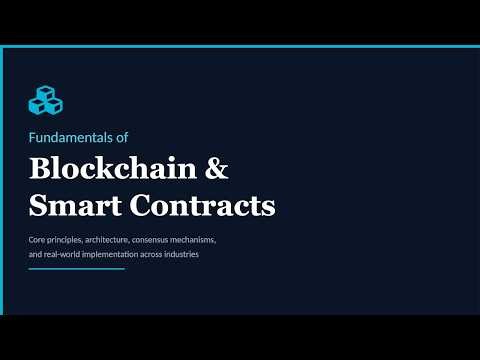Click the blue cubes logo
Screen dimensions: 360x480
tap(45, 100)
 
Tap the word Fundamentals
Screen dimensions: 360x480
tap(64, 136)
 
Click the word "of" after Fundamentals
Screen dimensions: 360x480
tap(121, 136)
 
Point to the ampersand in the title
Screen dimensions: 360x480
tap(217, 169)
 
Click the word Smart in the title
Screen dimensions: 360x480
tap(69, 206)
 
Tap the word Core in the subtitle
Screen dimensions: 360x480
tap(37, 241)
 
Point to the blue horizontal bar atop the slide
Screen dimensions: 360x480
tap(240, 47)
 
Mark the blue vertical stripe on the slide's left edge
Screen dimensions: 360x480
tap(2, 180)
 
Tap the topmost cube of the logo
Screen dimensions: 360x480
tap(45, 92)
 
